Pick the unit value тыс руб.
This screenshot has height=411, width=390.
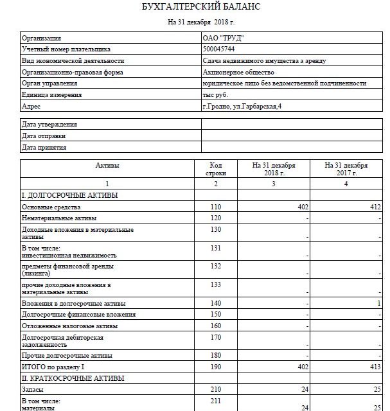click(x=215, y=95)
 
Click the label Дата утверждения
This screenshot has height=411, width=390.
click(x=49, y=125)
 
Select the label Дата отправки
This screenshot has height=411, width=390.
click(x=44, y=136)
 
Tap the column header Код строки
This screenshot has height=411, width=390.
click(x=215, y=170)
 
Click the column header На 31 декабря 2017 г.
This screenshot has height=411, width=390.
click(x=347, y=170)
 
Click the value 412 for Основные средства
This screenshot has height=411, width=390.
click(x=376, y=207)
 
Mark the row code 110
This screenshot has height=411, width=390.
click(x=215, y=207)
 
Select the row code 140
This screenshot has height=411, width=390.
click(x=215, y=303)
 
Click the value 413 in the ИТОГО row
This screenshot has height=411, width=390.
click(x=376, y=367)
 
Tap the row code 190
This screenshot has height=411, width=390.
click(x=215, y=367)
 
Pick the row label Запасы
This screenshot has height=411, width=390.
click(x=33, y=390)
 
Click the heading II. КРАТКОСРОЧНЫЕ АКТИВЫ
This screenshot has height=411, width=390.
click(x=73, y=378)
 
